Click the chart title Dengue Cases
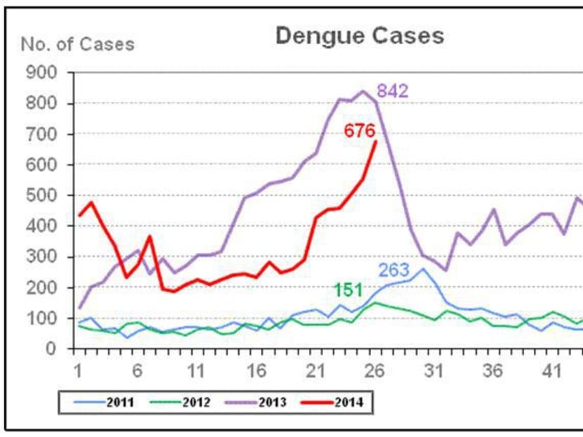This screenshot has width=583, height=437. coord(359,35)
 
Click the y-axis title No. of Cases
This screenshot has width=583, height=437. coord(77,44)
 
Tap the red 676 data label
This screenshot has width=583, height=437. coord(359,131)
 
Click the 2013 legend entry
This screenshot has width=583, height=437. coord(260,403)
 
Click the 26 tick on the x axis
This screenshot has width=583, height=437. coord(375,370)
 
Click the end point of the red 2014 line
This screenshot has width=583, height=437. coord(376,141)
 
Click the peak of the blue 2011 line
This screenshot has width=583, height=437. coord(423,268)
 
